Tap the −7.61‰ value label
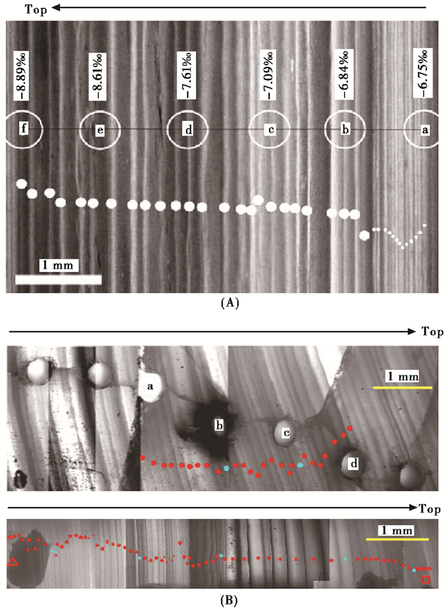pyautogui.click(x=187, y=75)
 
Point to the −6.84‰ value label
pyautogui.click(x=345, y=75)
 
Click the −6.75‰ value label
pyautogui.click(x=423, y=75)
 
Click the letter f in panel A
pyautogui.click(x=24, y=129)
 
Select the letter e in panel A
pyautogui.click(x=100, y=130)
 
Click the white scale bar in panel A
pyautogui.click(x=58, y=279)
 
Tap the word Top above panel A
pyautogui.click(x=21, y=8)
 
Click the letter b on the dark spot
pyautogui.click(x=220, y=424)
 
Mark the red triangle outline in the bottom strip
pyautogui.click(x=13, y=563)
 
